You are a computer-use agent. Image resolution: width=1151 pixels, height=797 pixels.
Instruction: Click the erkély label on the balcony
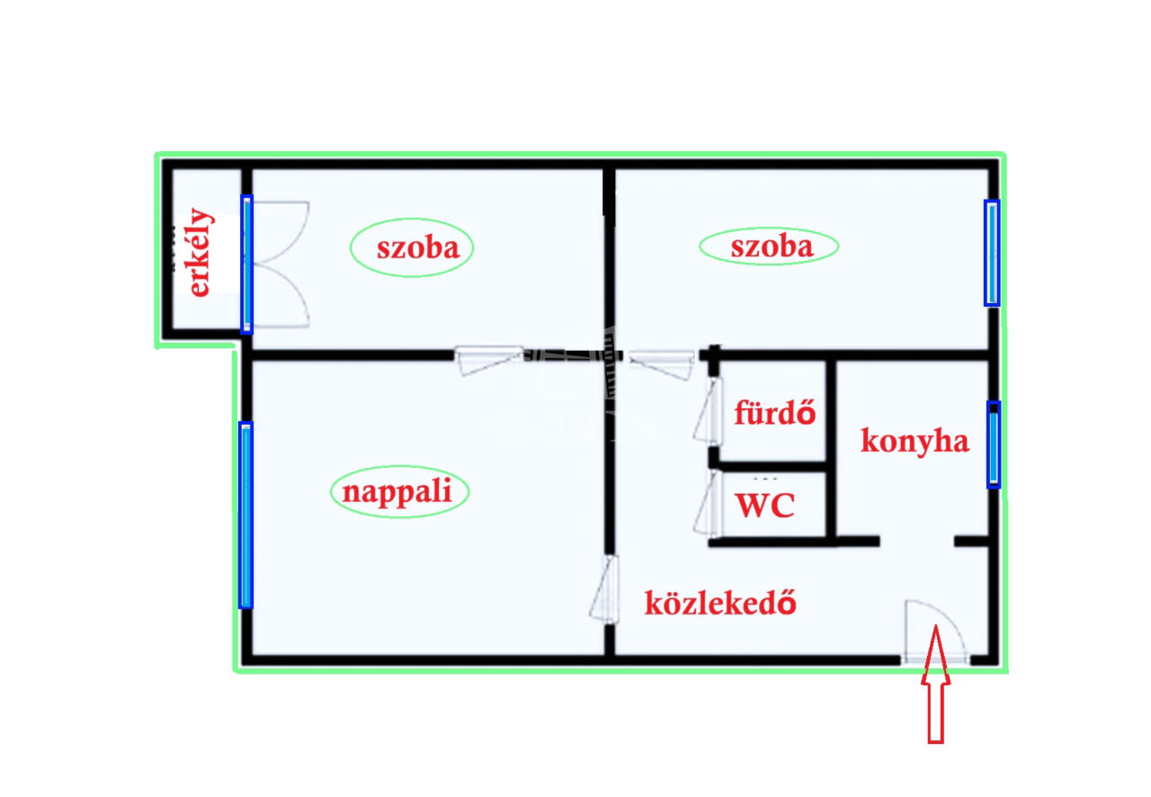tap(201, 253)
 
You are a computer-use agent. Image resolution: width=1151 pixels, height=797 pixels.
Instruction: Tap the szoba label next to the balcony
tap(418, 248)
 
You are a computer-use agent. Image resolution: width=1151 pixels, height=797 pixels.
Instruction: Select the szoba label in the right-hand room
tap(772, 246)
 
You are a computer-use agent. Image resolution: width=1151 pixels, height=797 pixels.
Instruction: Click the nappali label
tap(397, 491)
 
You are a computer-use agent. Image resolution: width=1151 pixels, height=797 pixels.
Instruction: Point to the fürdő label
tap(775, 412)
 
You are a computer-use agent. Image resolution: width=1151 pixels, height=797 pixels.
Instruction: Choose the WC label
tap(765, 505)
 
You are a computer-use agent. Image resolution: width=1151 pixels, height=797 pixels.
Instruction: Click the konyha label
tap(915, 441)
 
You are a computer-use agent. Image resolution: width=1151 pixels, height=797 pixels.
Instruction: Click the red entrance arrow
tap(935, 685)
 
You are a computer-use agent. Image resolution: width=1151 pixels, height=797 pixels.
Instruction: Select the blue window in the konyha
tap(994, 444)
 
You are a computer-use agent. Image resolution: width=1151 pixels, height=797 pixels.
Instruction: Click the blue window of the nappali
tap(245, 515)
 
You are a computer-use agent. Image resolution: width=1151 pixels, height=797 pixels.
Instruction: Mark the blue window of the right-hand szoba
tap(992, 253)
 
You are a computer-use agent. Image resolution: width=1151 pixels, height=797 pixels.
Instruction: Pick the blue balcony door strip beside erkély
tap(246, 264)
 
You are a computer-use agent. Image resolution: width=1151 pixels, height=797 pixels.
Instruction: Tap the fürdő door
tap(708, 410)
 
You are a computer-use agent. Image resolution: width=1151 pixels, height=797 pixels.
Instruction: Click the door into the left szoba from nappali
tap(488, 361)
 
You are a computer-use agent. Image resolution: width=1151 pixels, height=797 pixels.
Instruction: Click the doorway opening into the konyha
tap(917, 541)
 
